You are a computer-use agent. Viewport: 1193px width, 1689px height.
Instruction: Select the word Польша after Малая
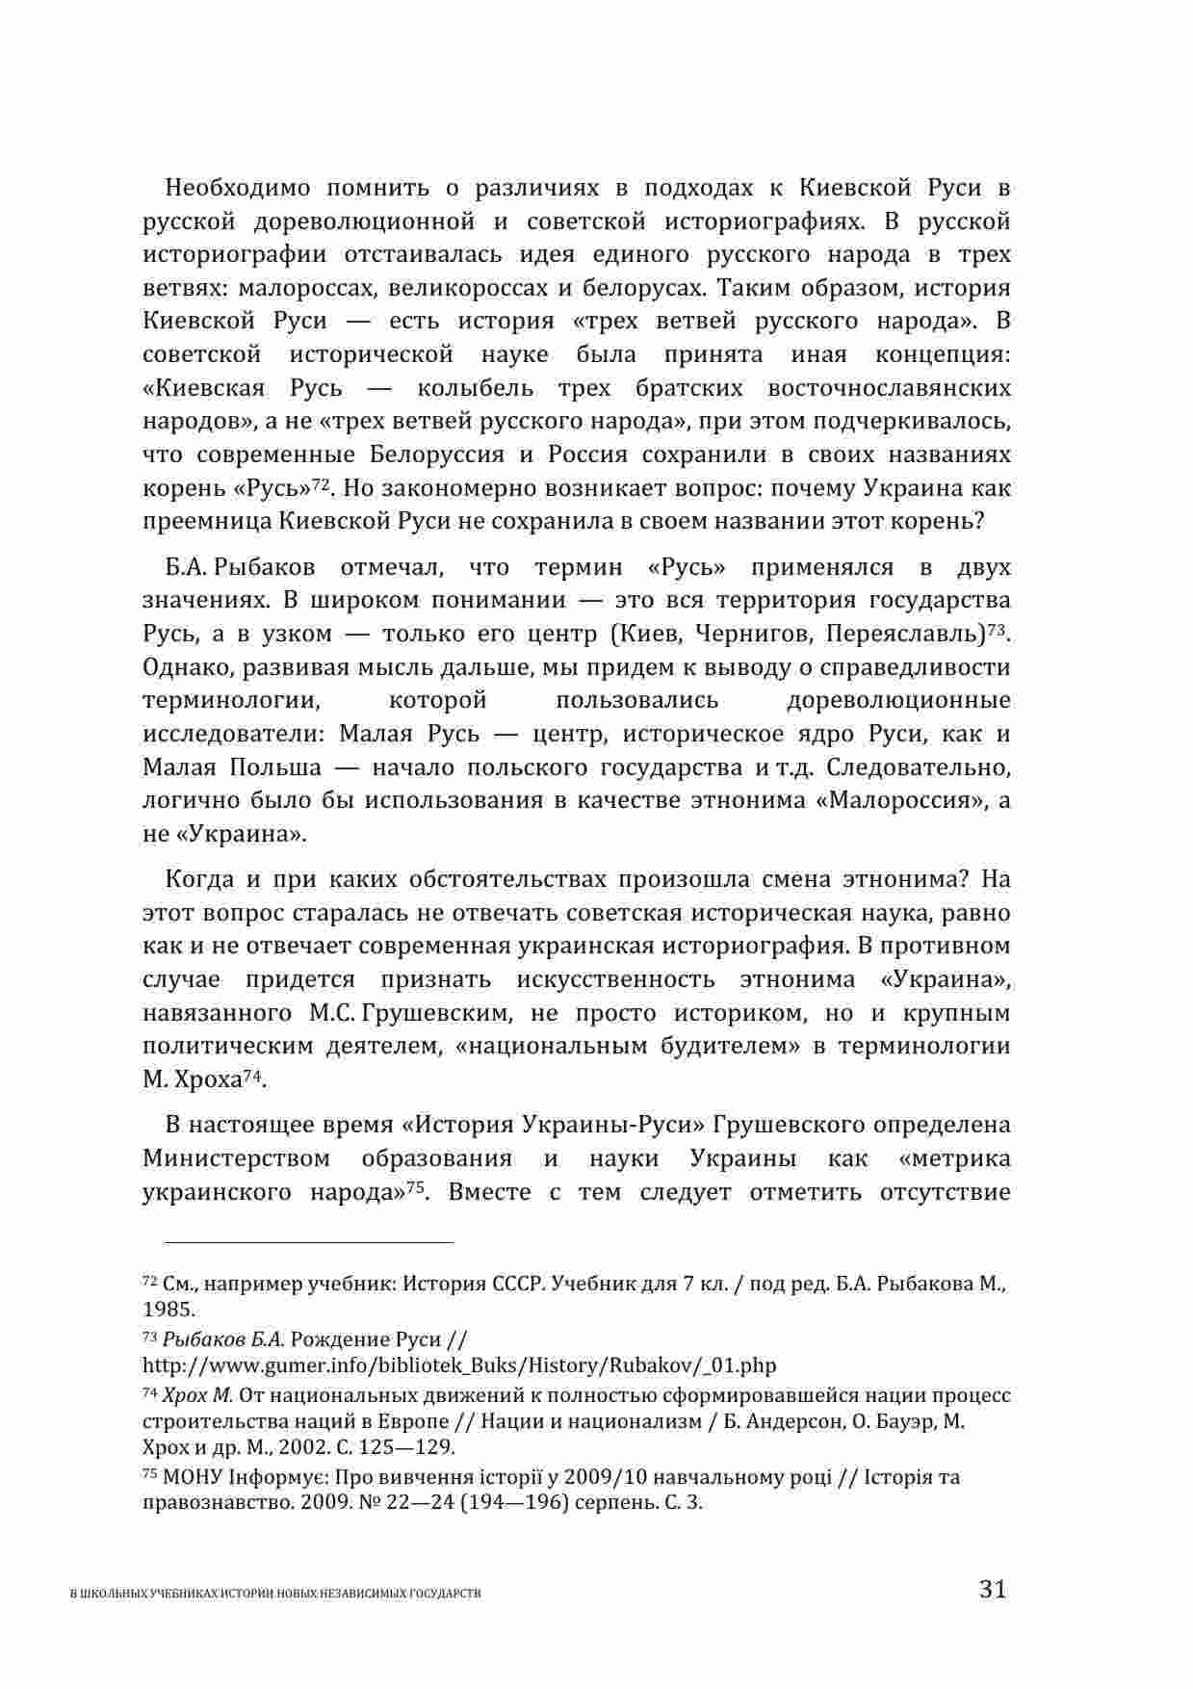pos(275,767)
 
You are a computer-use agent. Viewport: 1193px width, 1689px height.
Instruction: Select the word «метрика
pos(953,1158)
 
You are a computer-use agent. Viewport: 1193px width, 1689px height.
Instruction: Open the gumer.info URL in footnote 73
pos(459,1365)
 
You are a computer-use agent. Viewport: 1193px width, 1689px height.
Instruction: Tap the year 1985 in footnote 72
pos(167,1310)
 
